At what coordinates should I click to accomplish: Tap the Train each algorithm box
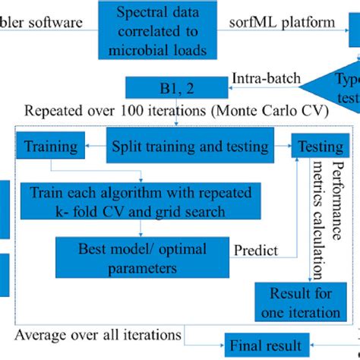(x=141, y=201)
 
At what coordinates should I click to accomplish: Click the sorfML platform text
(x=282, y=21)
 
